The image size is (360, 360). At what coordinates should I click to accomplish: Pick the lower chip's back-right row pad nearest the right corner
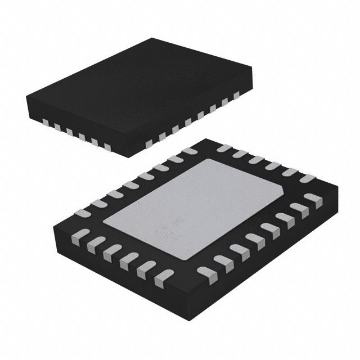point(307,178)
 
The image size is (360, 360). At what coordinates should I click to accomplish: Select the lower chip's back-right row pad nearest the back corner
point(223,148)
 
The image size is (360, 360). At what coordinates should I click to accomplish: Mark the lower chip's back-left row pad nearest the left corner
point(82,213)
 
